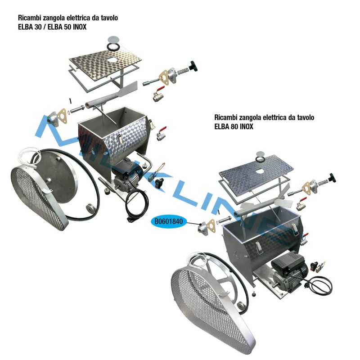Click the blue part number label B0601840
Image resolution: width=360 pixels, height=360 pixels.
click(x=169, y=221)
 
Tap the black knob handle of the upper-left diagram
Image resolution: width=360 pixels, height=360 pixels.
click(x=193, y=66)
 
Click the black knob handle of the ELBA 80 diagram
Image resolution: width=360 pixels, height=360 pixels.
click(x=332, y=178)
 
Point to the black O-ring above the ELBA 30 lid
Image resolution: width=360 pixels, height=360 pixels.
click(x=113, y=47)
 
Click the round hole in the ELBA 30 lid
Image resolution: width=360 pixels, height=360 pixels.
click(x=112, y=60)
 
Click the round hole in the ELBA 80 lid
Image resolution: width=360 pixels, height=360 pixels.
click(x=259, y=171)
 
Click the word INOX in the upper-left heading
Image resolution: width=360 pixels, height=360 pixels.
click(x=80, y=27)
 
